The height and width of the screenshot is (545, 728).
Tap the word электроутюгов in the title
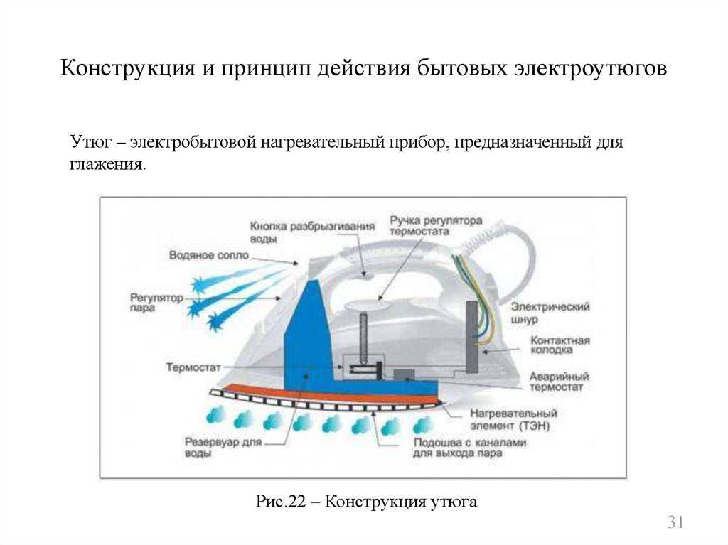(x=591, y=68)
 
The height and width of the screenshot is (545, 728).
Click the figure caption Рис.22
(x=280, y=502)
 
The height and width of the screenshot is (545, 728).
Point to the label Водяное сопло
(x=209, y=255)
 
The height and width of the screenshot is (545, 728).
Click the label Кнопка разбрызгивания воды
(x=312, y=232)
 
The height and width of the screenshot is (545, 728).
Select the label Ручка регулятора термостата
(x=436, y=226)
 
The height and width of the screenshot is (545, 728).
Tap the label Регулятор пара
(x=156, y=302)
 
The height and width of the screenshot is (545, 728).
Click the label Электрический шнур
(x=550, y=313)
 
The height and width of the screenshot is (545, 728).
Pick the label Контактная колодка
(x=560, y=345)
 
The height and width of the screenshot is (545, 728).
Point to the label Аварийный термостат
(x=559, y=382)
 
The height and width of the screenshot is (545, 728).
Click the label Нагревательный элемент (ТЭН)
(x=513, y=419)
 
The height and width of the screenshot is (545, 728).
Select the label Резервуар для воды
(x=223, y=447)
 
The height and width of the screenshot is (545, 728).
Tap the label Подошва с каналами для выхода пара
(x=469, y=448)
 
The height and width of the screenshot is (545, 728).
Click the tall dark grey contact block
(x=472, y=337)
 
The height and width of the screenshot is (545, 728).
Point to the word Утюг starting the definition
(x=91, y=141)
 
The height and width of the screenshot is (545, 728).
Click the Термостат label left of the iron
(x=193, y=367)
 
